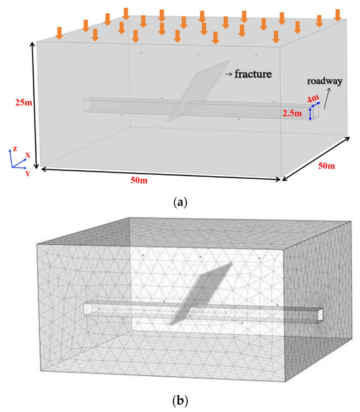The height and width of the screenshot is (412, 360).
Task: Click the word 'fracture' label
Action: [253, 74]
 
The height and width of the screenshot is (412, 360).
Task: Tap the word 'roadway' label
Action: [325, 81]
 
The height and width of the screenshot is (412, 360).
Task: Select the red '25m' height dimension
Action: [24, 102]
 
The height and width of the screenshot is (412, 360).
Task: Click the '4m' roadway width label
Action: [312, 100]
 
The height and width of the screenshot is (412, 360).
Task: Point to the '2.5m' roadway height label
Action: [292, 113]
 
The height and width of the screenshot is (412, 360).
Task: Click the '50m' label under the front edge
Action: [139, 181]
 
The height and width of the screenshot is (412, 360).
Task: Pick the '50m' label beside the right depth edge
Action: [327, 166]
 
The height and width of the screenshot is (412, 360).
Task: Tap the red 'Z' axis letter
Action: [15, 149]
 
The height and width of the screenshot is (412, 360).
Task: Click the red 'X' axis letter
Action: [27, 155]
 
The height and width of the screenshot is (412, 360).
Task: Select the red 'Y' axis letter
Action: [27, 173]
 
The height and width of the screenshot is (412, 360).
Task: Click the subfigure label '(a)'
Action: [180, 202]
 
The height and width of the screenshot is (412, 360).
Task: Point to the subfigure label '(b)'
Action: [180, 401]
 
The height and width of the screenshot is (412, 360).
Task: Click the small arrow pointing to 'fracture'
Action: [228, 75]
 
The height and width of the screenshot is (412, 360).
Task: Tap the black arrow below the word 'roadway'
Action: [327, 98]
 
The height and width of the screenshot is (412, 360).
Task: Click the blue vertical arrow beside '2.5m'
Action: [310, 114]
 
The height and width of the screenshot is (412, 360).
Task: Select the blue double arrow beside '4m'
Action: [315, 105]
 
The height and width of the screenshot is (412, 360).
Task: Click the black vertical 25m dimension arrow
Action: [35, 105]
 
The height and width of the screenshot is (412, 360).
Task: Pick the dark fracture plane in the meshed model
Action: [201, 293]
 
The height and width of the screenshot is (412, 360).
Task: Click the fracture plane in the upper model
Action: [198, 91]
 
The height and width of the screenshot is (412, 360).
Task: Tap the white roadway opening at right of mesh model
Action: [320, 314]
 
